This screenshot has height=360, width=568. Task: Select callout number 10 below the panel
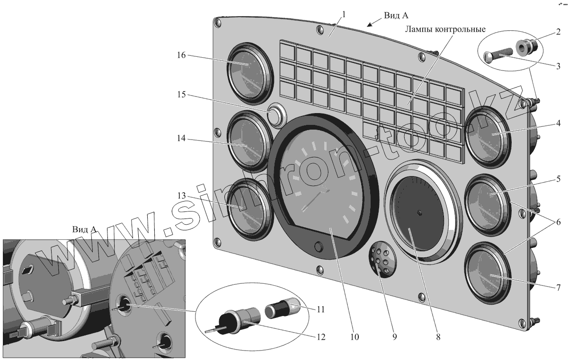point(355,337)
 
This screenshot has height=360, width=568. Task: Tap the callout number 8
point(438,337)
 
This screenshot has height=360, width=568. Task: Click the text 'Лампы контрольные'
point(445,29)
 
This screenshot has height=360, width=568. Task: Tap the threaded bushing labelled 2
point(527,46)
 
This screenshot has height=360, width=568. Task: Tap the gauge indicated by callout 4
point(488,134)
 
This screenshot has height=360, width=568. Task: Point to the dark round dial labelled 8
point(419,213)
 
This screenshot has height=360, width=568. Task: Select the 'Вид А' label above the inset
point(84,229)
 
